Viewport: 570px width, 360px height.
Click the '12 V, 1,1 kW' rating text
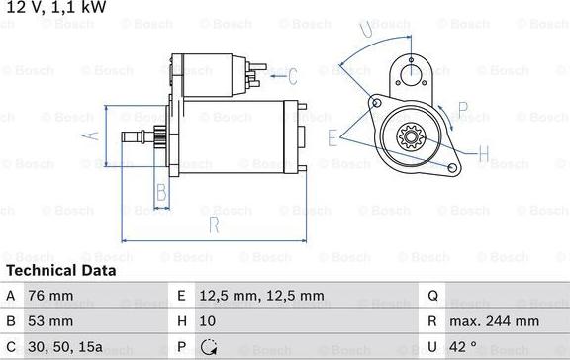pyautogui.click(x=56, y=7)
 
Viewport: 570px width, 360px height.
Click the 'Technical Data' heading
pyautogui.click(x=61, y=271)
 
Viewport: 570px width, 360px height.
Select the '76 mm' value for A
pyautogui.click(x=50, y=296)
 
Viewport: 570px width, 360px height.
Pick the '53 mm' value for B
pyautogui.click(x=50, y=321)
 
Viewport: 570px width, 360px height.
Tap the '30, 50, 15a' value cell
pyautogui.click(x=65, y=347)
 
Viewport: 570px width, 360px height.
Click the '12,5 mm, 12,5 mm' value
pyautogui.click(x=261, y=296)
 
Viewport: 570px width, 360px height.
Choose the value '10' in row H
pyautogui.click(x=208, y=321)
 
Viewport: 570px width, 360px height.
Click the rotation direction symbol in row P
pyautogui.click(x=209, y=347)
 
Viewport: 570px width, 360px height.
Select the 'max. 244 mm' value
pyautogui.click(x=495, y=321)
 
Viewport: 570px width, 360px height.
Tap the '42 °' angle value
pyautogui.click(x=463, y=347)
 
